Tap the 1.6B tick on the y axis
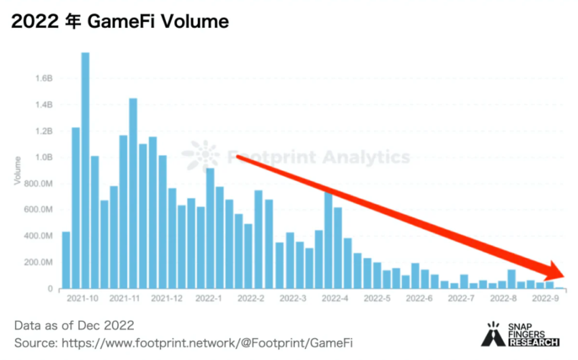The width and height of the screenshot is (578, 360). pos(45,78)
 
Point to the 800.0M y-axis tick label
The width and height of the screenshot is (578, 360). pos(40,183)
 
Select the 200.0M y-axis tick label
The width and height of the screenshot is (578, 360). pos(40,262)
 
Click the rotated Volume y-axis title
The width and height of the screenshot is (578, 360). pos(18,170)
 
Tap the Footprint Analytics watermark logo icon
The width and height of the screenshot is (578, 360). pos(201,156)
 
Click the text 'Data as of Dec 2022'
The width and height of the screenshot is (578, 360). pos(74,325)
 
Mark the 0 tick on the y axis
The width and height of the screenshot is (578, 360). pos(51,289)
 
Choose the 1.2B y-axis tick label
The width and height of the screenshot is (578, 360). pos(45,131)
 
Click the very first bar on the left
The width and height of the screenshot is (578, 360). pos(66,260)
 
